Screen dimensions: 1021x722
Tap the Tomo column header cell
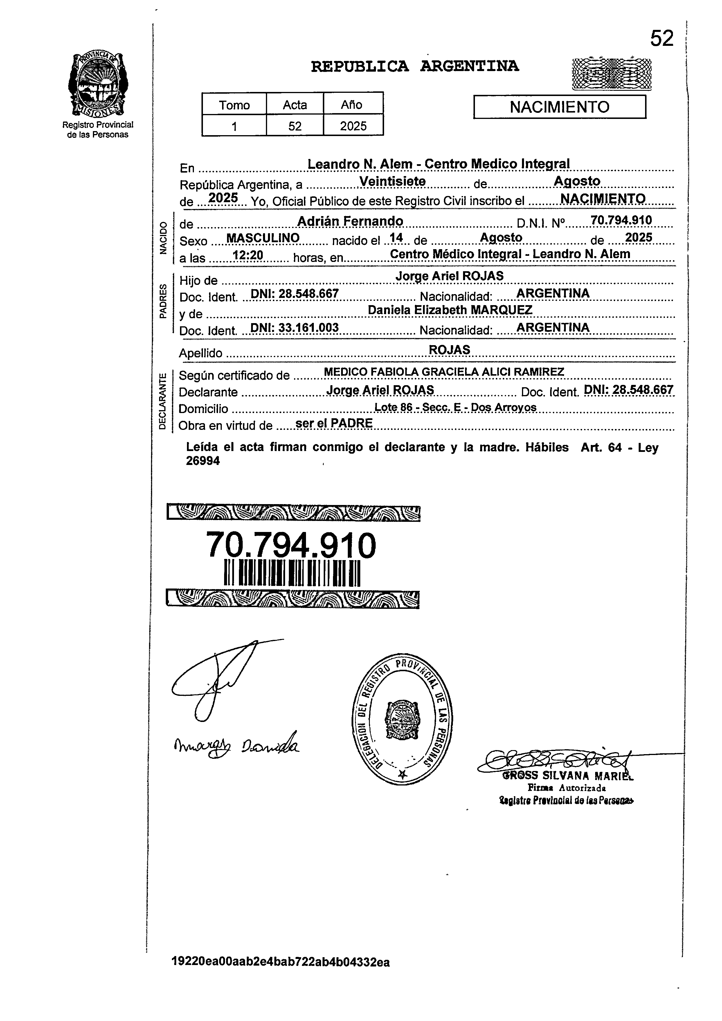pos(234,105)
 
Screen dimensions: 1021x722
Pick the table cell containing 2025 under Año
pos(353,126)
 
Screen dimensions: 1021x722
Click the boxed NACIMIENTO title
pos(559,107)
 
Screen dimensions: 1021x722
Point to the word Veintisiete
pos(392,182)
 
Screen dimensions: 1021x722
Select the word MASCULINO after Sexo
pos(263,238)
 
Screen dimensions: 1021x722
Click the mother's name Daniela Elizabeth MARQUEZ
pos(450,310)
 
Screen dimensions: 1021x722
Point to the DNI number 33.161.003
pos(308,328)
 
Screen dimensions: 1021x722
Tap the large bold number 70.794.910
pos(291,546)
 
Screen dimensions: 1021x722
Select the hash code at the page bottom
pos(280,975)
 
